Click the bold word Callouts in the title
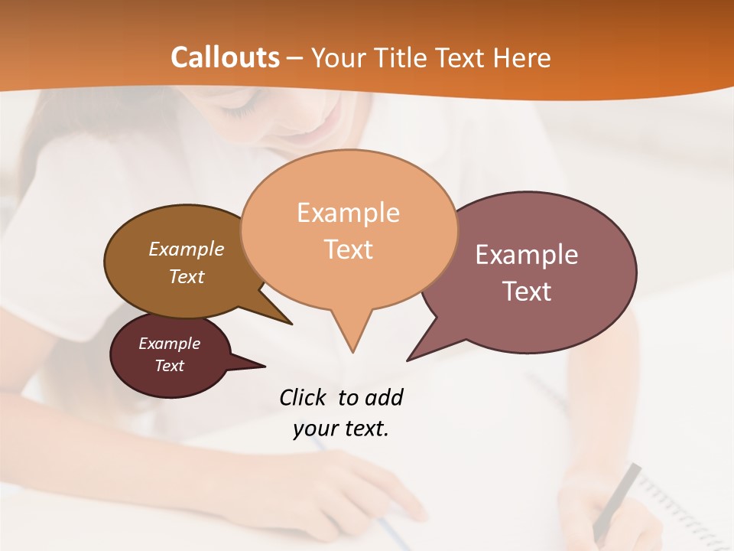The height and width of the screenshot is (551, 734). coord(225,57)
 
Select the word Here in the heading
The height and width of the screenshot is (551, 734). coord(521,58)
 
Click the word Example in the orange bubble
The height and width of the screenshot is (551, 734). coord(348,213)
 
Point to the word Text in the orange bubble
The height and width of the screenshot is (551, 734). coord(349,249)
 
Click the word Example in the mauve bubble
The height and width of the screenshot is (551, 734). coord(526,255)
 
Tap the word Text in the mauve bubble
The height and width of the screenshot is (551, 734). coord(528,292)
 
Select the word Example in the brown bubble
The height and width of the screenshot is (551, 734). coord(187,249)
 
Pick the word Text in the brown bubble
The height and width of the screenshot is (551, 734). coord(187,276)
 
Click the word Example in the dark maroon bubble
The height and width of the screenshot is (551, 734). coord(169,344)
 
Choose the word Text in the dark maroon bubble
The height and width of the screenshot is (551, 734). coord(170,366)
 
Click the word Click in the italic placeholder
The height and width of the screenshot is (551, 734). coord(304,397)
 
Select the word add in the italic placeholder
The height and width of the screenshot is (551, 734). coord(384,397)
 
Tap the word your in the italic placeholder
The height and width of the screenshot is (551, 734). coord(312,429)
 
